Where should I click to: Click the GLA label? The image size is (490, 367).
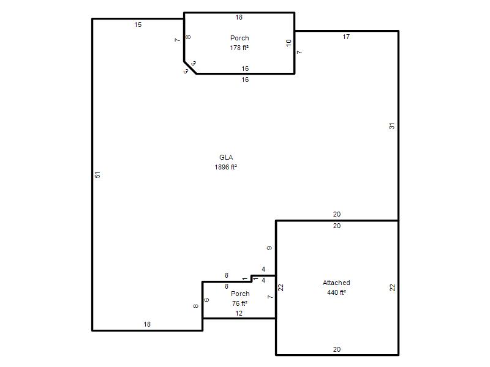pyautogui.click(x=226, y=157)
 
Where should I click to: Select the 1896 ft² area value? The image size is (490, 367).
pyautogui.click(x=225, y=167)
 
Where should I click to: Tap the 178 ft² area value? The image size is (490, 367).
pyautogui.click(x=239, y=48)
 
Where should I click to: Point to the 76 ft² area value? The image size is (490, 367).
pyautogui.click(x=239, y=303)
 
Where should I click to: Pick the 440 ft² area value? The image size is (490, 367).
pyautogui.click(x=336, y=292)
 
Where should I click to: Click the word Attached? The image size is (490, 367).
pyautogui.click(x=336, y=283)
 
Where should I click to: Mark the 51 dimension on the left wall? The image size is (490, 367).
pyautogui.click(x=98, y=175)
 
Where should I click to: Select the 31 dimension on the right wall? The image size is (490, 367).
pyautogui.click(x=391, y=126)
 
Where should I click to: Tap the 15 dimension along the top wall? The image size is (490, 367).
pyautogui.click(x=138, y=24)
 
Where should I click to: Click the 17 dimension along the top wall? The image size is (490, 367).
pyautogui.click(x=346, y=37)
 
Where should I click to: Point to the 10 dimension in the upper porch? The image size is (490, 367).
pyautogui.click(x=288, y=43)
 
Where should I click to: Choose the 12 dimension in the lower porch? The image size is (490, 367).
pyautogui.click(x=239, y=313)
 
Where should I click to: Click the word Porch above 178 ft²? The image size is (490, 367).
pyautogui.click(x=239, y=38)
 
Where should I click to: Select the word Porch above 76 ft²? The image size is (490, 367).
pyautogui.click(x=240, y=294)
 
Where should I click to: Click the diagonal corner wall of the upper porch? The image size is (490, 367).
pyautogui.click(x=190, y=68)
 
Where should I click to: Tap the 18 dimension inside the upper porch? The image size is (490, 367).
pyautogui.click(x=239, y=18)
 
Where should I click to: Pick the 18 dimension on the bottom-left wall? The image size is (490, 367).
pyautogui.click(x=147, y=325)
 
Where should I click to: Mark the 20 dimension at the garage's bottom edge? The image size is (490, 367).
pyautogui.click(x=336, y=349)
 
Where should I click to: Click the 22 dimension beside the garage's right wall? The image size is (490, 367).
pyautogui.click(x=392, y=287)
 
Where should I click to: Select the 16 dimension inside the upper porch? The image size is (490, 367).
pyautogui.click(x=245, y=69)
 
